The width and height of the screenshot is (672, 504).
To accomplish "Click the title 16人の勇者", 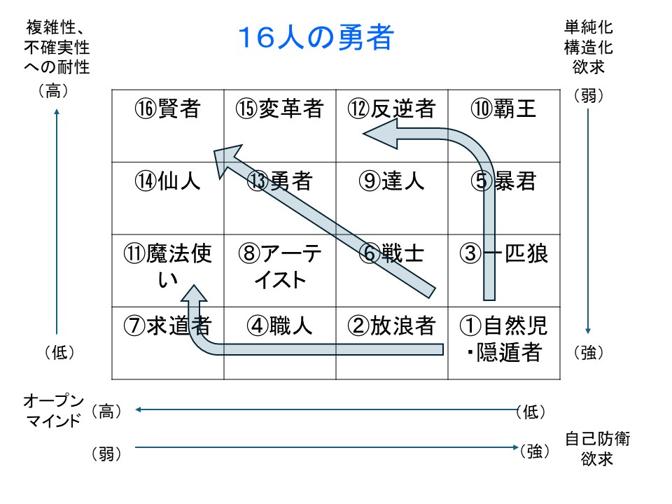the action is click(x=316, y=37).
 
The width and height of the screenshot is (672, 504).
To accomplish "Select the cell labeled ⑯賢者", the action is click(x=167, y=108).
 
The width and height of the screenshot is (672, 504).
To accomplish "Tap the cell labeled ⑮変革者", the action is click(x=279, y=108).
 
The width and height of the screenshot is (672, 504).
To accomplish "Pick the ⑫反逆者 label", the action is click(x=392, y=108).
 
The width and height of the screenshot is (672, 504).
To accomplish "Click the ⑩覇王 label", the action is click(x=503, y=108).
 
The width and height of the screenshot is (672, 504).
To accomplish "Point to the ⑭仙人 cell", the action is click(x=167, y=181).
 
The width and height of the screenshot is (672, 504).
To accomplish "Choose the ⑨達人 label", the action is click(x=392, y=181).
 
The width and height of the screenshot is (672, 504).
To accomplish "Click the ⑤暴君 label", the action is click(x=503, y=181).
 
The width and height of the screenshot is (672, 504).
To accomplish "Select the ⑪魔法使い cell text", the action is click(x=167, y=266).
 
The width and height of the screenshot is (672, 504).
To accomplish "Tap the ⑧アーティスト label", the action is click(x=279, y=266).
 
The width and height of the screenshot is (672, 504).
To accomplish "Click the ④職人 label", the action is click(x=279, y=325).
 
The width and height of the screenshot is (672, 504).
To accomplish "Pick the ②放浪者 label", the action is click(x=392, y=325).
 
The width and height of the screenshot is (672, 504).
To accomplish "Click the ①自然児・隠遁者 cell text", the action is click(x=503, y=339).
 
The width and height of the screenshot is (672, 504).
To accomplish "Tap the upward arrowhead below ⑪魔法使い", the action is click(x=194, y=294).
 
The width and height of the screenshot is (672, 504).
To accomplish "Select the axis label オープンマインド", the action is click(x=53, y=411).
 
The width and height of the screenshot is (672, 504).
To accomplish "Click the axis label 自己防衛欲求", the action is click(x=597, y=449).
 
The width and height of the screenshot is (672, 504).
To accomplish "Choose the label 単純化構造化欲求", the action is click(x=589, y=47).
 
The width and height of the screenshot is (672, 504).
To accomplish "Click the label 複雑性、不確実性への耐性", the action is click(x=57, y=47).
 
